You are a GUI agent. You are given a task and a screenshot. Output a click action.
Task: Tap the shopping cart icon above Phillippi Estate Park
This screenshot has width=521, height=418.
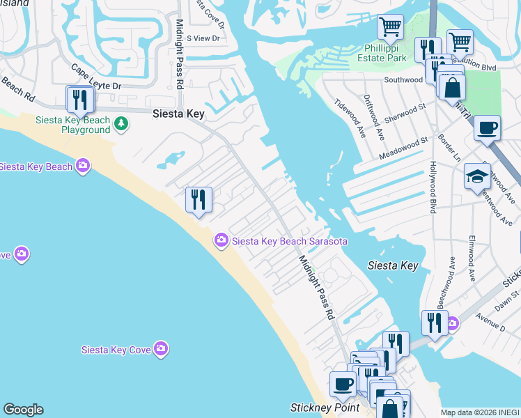390,27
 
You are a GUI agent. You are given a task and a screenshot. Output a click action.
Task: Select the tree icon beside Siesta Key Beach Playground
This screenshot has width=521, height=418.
122,124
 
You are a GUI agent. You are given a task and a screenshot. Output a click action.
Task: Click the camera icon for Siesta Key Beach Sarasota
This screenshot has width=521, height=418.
221,241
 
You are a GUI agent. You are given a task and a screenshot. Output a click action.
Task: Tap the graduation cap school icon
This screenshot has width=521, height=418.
478,175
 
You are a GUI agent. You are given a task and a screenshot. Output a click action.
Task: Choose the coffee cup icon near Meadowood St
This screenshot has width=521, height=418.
487,128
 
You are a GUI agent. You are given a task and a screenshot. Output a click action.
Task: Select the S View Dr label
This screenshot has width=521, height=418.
198,38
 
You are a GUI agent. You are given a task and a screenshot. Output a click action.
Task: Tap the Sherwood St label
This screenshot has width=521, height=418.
405,113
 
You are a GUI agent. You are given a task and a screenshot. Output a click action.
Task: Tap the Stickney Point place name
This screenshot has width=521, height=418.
324,408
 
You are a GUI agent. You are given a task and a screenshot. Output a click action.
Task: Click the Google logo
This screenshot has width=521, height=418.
23,410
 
